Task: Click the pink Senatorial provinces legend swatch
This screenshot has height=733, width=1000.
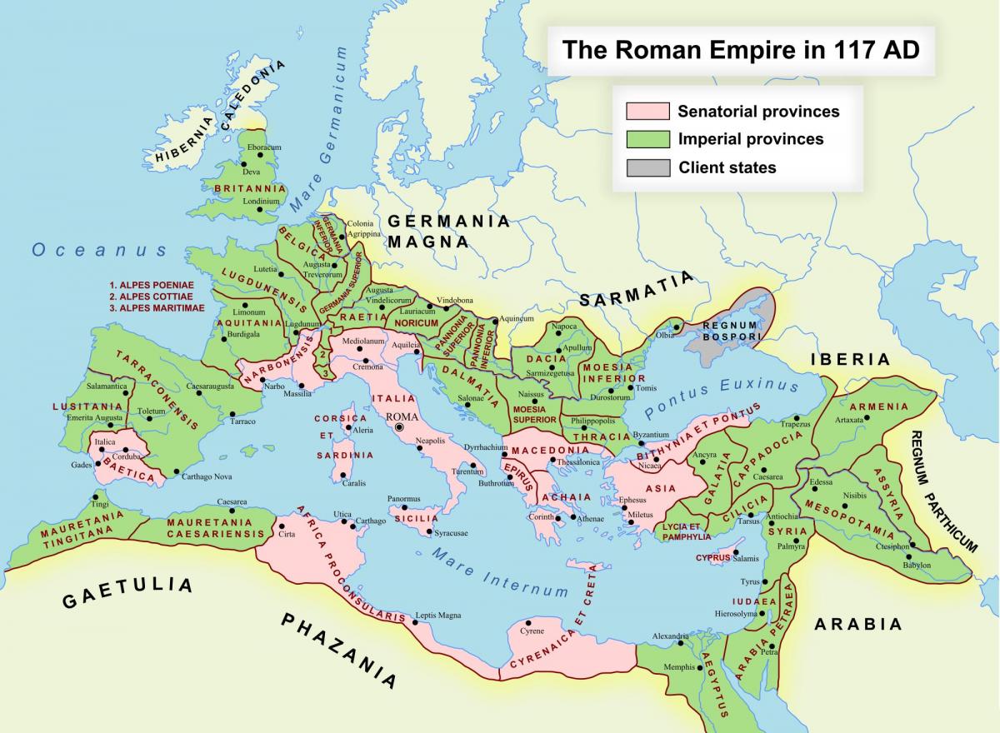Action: [647, 111]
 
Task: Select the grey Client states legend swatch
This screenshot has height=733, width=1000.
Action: [647, 167]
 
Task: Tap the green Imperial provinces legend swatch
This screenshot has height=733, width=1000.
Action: [647, 139]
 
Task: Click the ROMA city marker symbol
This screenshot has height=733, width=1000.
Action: [399, 427]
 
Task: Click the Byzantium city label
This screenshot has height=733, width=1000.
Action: [651, 435]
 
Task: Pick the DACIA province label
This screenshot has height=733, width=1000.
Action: [547, 359]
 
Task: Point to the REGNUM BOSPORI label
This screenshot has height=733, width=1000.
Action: [731, 331]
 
